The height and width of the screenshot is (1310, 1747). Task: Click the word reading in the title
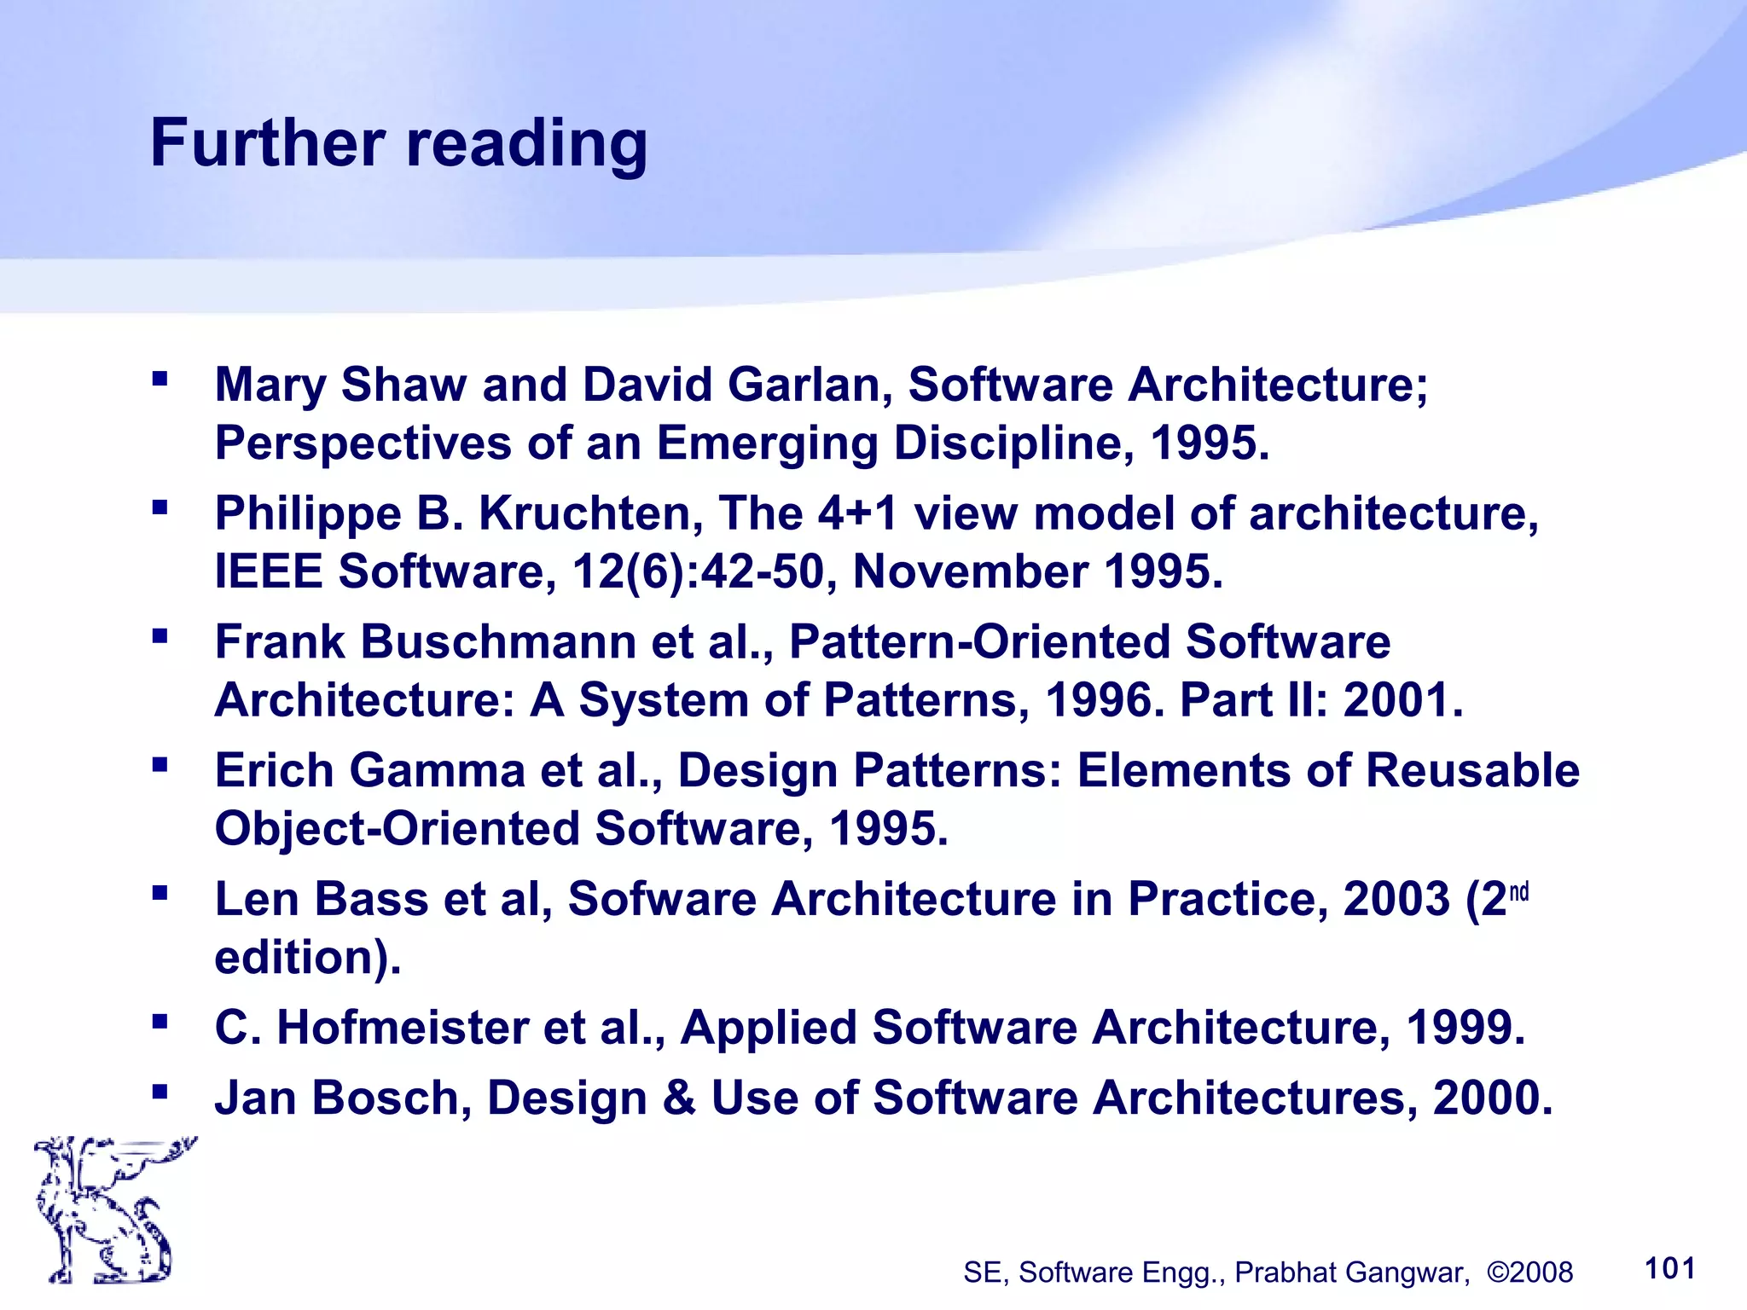tap(526, 145)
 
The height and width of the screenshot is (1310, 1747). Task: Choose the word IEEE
tap(268, 571)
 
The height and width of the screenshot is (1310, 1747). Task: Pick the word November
tap(970, 571)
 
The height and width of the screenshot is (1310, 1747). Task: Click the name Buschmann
tap(498, 641)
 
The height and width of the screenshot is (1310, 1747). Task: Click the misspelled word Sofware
tap(662, 900)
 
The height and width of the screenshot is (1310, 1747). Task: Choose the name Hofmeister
tap(402, 1028)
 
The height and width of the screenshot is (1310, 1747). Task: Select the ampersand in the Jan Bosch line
tap(678, 1098)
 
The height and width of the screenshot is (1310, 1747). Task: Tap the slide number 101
tap(1669, 1268)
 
